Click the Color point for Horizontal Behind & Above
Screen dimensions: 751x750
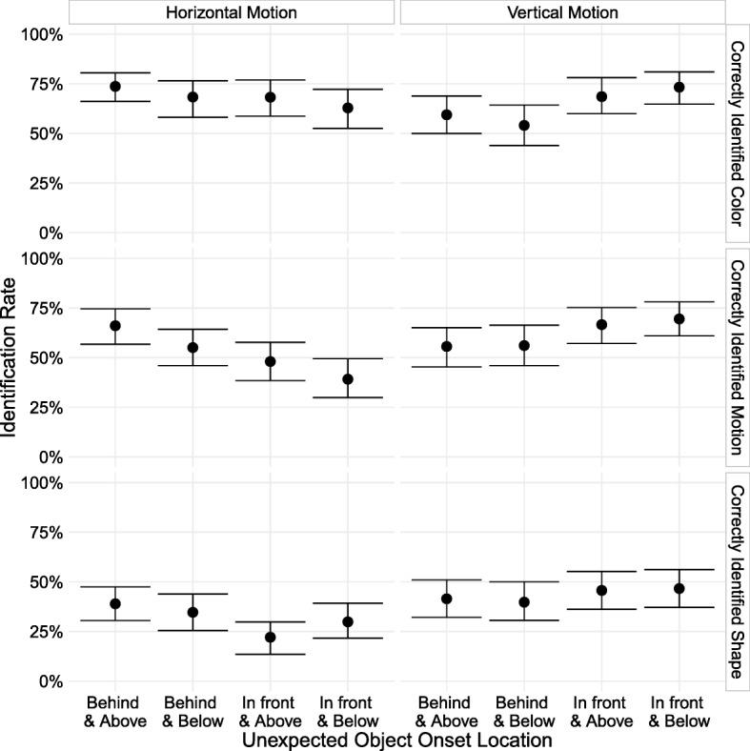point(115,86)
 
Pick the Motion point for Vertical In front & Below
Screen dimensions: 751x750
point(679,318)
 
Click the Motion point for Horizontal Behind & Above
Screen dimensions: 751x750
point(115,325)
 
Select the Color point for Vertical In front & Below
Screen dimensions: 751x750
point(679,87)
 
